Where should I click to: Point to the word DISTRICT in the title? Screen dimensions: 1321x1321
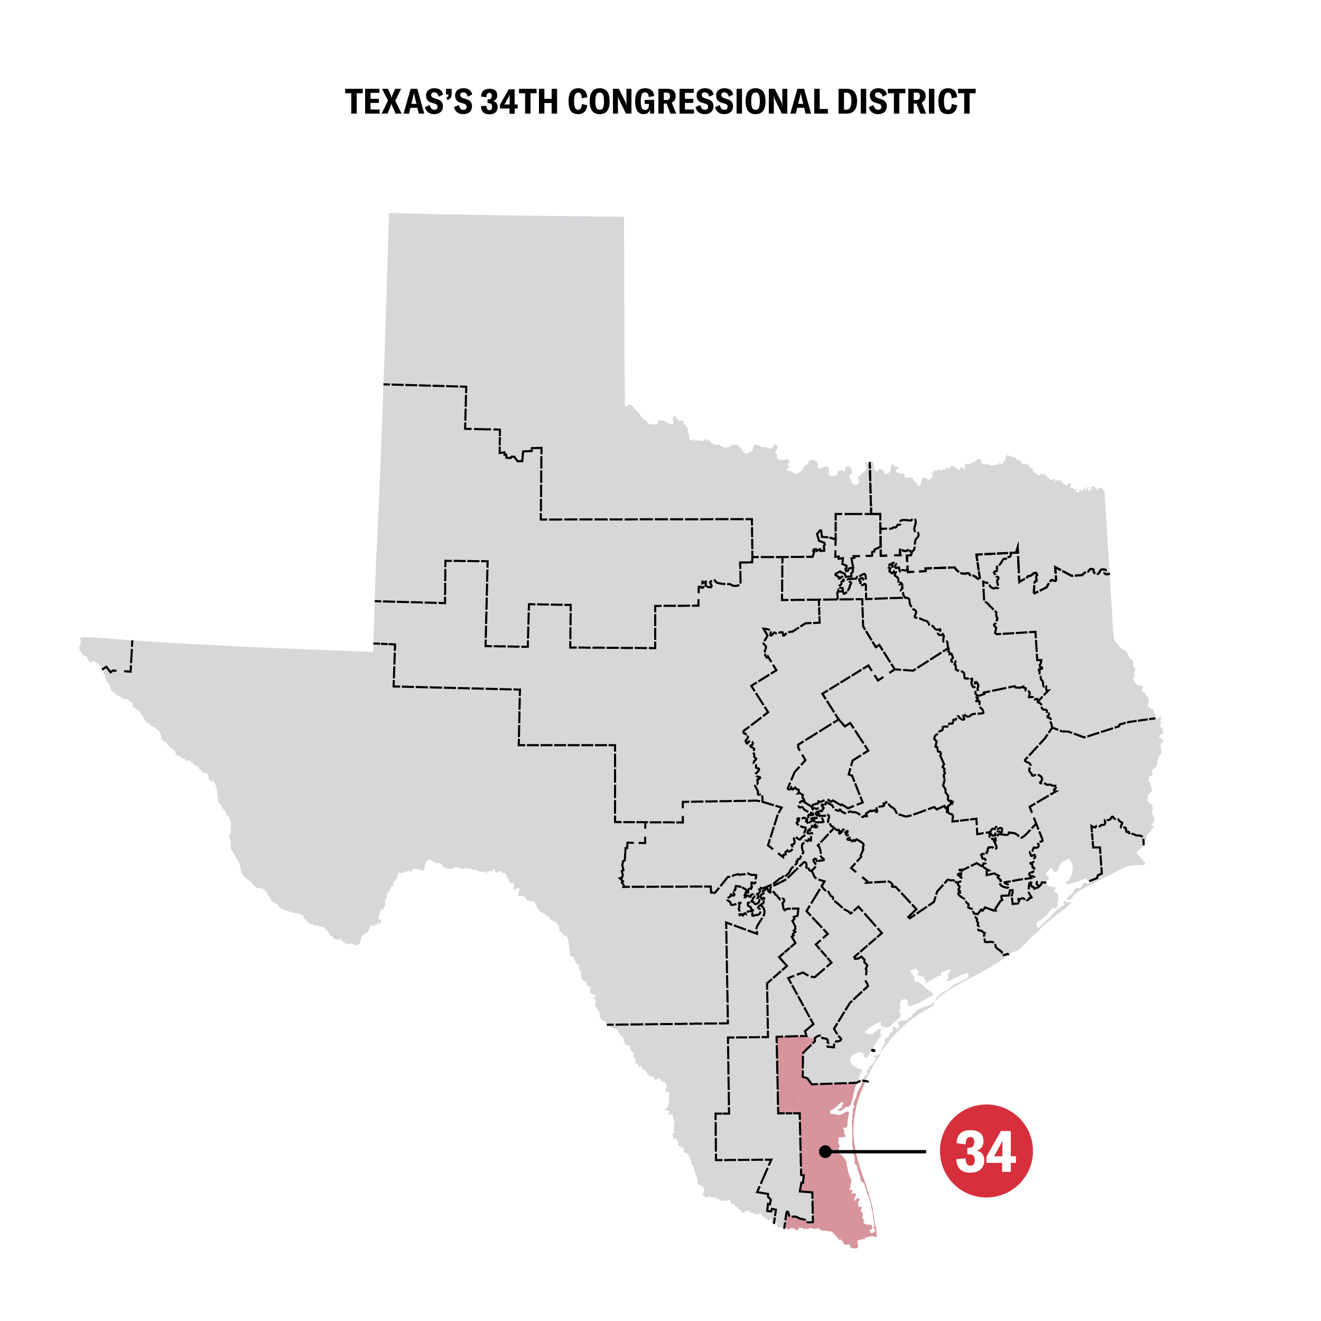point(906,103)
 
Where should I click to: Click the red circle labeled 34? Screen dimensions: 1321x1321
point(985,1151)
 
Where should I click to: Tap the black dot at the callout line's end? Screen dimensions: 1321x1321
point(825,1151)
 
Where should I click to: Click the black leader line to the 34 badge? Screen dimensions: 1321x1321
point(882,1151)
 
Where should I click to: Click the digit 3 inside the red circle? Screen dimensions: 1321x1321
point(970,1152)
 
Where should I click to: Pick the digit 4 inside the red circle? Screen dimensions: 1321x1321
point(1000,1152)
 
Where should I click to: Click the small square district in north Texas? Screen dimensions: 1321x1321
point(858,535)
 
